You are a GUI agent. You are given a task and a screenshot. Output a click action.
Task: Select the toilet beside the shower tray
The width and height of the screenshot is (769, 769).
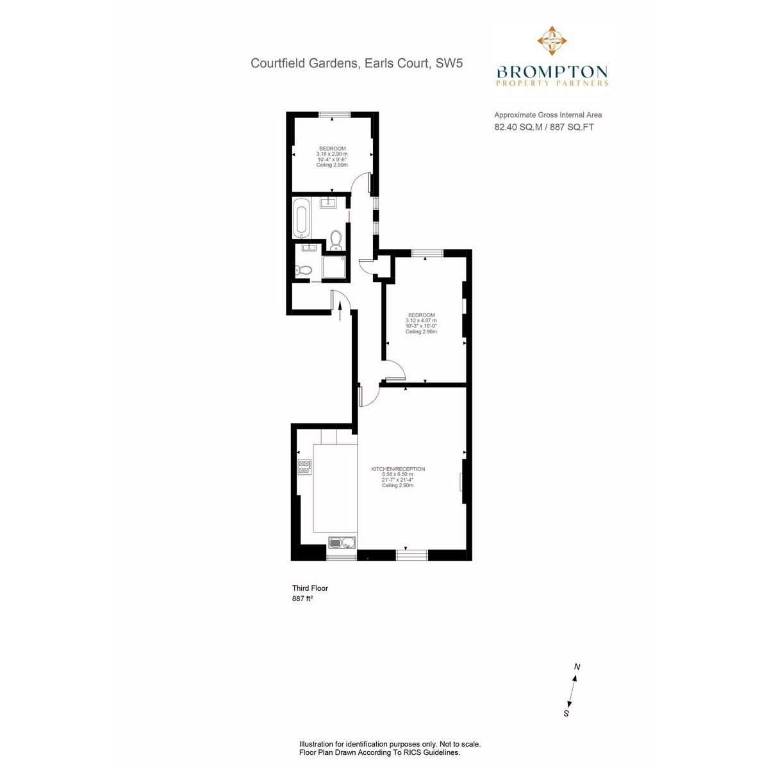[303, 270]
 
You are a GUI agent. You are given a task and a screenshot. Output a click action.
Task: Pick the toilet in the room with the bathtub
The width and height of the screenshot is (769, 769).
[336, 240]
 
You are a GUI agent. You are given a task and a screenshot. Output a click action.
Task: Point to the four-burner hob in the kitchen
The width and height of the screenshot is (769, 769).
[305, 467]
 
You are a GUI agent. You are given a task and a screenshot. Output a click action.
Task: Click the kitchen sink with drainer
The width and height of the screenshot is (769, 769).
[342, 543]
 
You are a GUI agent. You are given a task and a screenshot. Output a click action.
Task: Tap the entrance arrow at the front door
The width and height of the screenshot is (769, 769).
[340, 311]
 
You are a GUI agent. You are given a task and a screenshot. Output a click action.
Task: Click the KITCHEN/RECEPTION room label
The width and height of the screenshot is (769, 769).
[398, 469]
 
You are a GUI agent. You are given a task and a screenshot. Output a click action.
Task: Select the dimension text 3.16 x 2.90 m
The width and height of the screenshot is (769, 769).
[332, 154]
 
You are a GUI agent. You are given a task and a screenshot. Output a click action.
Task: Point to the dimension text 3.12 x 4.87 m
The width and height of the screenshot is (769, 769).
[421, 320]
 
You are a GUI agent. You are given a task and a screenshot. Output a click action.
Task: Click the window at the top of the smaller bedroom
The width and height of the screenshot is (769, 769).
[335, 115]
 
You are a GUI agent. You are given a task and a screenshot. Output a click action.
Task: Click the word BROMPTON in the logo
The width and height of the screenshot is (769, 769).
[552, 72]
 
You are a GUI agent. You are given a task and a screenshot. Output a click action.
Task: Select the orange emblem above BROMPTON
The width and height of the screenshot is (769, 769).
[552, 40]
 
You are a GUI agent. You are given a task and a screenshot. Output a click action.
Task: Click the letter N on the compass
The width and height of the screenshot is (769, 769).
[577, 666]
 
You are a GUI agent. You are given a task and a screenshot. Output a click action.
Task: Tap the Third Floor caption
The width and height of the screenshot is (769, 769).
[310, 588]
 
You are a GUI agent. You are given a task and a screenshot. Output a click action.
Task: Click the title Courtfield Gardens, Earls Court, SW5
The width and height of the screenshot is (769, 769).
[356, 63]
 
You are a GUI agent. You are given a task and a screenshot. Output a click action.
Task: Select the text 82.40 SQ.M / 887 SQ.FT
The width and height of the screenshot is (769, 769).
[544, 127]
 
